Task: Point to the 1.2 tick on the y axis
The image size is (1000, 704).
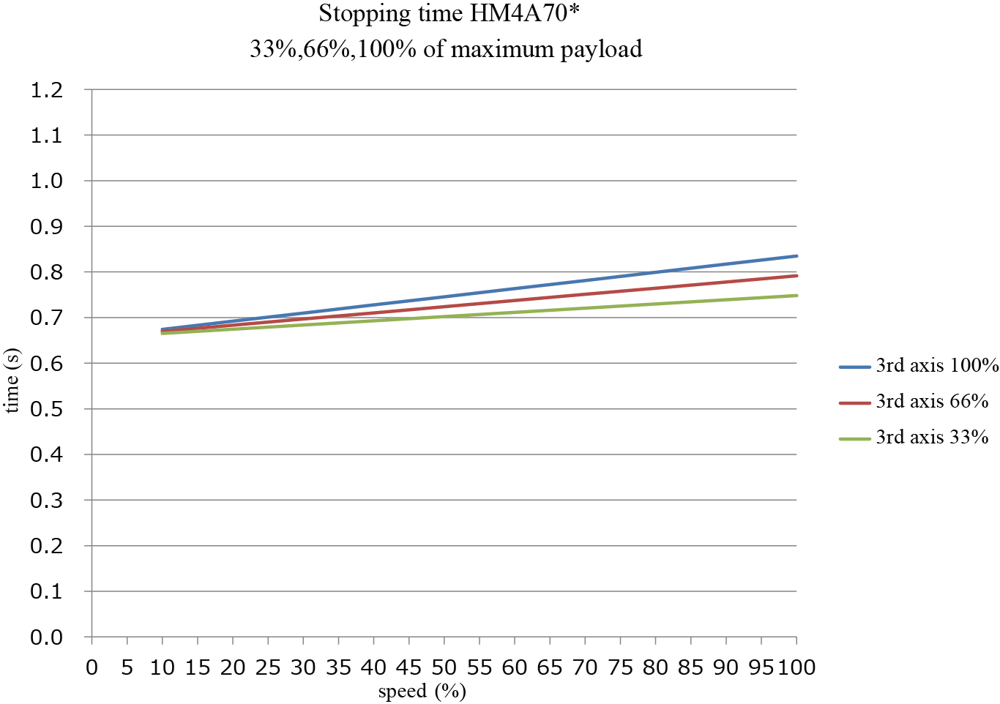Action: pyautogui.click(x=47, y=90)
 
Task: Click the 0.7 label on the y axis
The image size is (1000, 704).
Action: pyautogui.click(x=47, y=318)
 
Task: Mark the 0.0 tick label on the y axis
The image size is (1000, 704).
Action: pyautogui.click(x=47, y=637)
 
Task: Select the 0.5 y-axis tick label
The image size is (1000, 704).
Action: pyautogui.click(x=47, y=409)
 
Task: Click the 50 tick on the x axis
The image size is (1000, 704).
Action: pyautogui.click(x=444, y=667)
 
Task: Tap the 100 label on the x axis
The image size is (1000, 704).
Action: pyautogui.click(x=796, y=667)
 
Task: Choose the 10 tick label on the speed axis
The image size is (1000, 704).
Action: pyautogui.click(x=163, y=667)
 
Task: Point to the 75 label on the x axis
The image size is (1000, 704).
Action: pyautogui.click(x=621, y=667)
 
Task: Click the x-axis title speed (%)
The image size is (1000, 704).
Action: pyautogui.click(x=422, y=692)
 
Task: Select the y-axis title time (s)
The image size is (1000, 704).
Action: pyautogui.click(x=12, y=381)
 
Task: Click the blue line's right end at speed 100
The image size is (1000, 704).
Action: pyautogui.click(x=796, y=256)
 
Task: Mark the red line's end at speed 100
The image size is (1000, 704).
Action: pyautogui.click(x=796, y=276)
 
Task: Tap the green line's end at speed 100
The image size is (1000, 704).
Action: pyautogui.click(x=796, y=296)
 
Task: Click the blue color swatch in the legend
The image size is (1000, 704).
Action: pyautogui.click(x=854, y=366)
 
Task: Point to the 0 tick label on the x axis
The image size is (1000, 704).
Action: pyautogui.click(x=92, y=667)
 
